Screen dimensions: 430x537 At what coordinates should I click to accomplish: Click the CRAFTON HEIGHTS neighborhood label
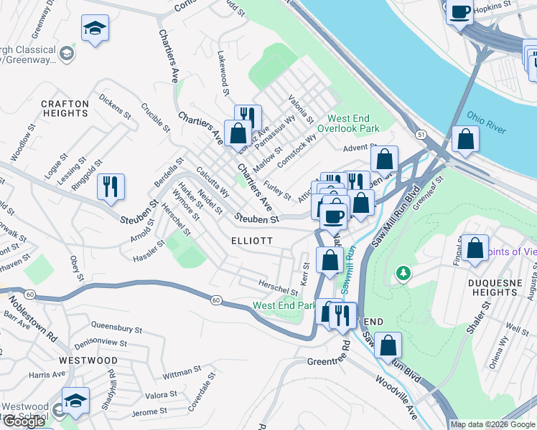tap(65, 109)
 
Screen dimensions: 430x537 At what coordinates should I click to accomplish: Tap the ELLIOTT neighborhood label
tap(252, 242)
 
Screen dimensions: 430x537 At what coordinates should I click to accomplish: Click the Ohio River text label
tap(486, 122)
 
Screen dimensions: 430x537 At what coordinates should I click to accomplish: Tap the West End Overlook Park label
tap(353, 123)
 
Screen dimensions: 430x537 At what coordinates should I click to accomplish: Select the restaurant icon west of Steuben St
tap(111, 187)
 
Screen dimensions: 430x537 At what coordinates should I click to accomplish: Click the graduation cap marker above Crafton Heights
tap(95, 29)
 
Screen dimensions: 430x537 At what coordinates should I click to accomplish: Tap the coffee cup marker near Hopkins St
tap(459, 11)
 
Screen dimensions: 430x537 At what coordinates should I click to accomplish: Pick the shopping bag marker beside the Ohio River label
tap(466, 140)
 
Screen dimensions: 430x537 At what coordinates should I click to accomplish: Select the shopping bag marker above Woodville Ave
tap(388, 347)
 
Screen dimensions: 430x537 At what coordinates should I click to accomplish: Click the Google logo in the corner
tap(24, 421)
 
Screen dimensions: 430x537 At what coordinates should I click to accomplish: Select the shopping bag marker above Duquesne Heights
tap(475, 249)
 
